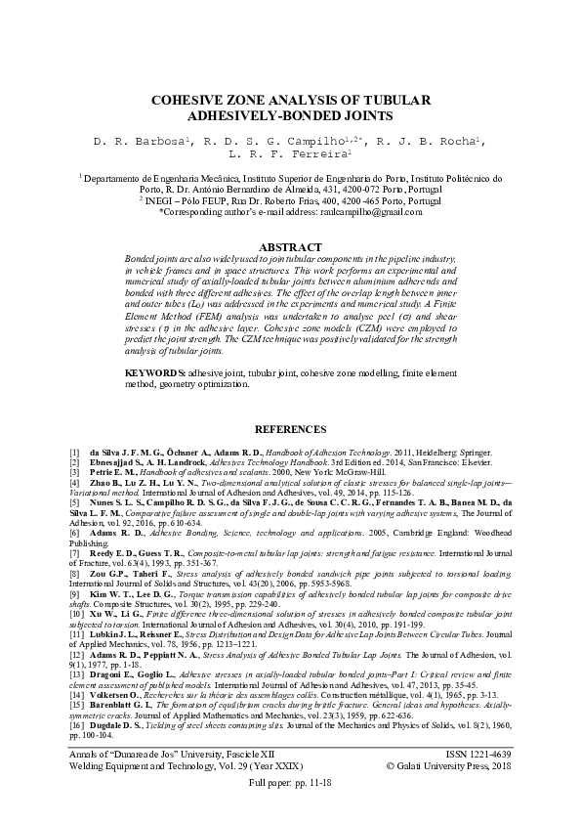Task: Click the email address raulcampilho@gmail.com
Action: coord(371,211)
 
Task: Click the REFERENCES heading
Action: coord(290,429)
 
